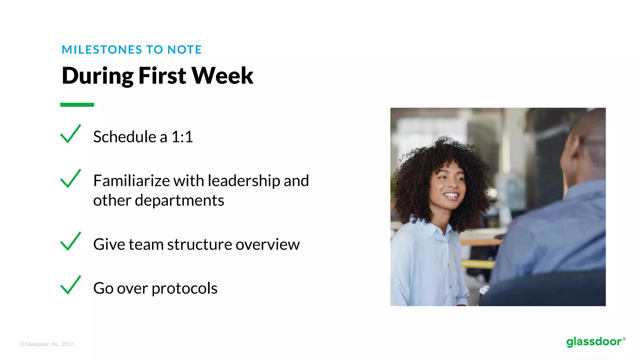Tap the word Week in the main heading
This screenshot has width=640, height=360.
(x=222, y=76)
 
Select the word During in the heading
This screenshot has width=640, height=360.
(x=98, y=76)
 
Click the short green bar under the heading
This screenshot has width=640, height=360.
(x=77, y=105)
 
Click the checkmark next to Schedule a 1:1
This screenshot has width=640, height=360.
(x=71, y=134)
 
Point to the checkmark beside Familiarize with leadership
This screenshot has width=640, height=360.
(x=71, y=179)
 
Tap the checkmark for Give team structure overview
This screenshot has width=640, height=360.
(x=71, y=242)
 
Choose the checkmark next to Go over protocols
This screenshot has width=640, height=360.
(x=71, y=285)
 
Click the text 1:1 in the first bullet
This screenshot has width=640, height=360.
(x=182, y=137)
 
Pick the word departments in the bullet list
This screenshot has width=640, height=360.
(x=179, y=200)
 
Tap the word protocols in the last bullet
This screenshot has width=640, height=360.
(x=184, y=288)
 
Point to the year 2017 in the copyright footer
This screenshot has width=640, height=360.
(x=68, y=344)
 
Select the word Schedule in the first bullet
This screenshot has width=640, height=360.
(x=125, y=137)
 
